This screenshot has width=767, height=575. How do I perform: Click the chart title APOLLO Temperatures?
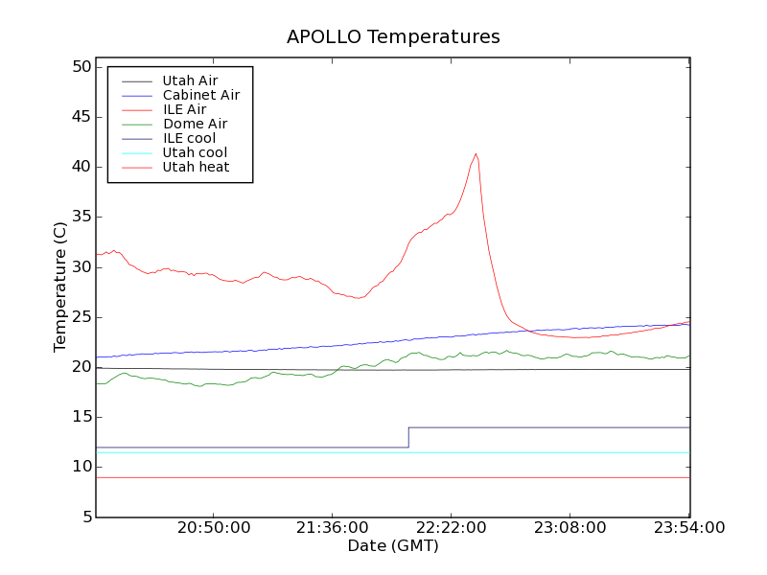pos(393,37)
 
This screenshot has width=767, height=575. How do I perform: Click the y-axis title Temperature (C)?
pos(60,287)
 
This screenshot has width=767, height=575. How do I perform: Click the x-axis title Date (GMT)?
pos(393,545)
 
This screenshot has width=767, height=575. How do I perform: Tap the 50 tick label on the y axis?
pos(80,67)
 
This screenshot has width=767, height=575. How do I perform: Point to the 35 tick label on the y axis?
pos(80,217)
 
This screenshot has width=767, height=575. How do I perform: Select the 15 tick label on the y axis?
pos(80,417)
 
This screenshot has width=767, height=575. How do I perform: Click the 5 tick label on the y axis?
pos(85,517)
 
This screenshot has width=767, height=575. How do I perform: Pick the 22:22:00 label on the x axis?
pos(452,528)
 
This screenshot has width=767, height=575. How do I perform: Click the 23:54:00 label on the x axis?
pos(689,528)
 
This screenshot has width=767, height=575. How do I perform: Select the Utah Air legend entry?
pos(190,80)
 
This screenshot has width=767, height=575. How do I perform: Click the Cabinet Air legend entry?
pos(201,95)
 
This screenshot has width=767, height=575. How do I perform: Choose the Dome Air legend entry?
pos(195,124)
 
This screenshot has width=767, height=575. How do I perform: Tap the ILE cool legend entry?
pos(189,138)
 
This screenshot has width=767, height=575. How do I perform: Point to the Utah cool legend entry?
pos(195,152)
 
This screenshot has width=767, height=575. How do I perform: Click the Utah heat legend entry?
pos(195,167)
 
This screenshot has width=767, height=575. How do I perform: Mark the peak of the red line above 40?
pos(476,154)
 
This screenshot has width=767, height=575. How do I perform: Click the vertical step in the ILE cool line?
pos(408,437)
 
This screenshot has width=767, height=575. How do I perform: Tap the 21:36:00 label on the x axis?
pos(332,528)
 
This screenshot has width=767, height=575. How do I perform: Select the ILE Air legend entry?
pos(184,109)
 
